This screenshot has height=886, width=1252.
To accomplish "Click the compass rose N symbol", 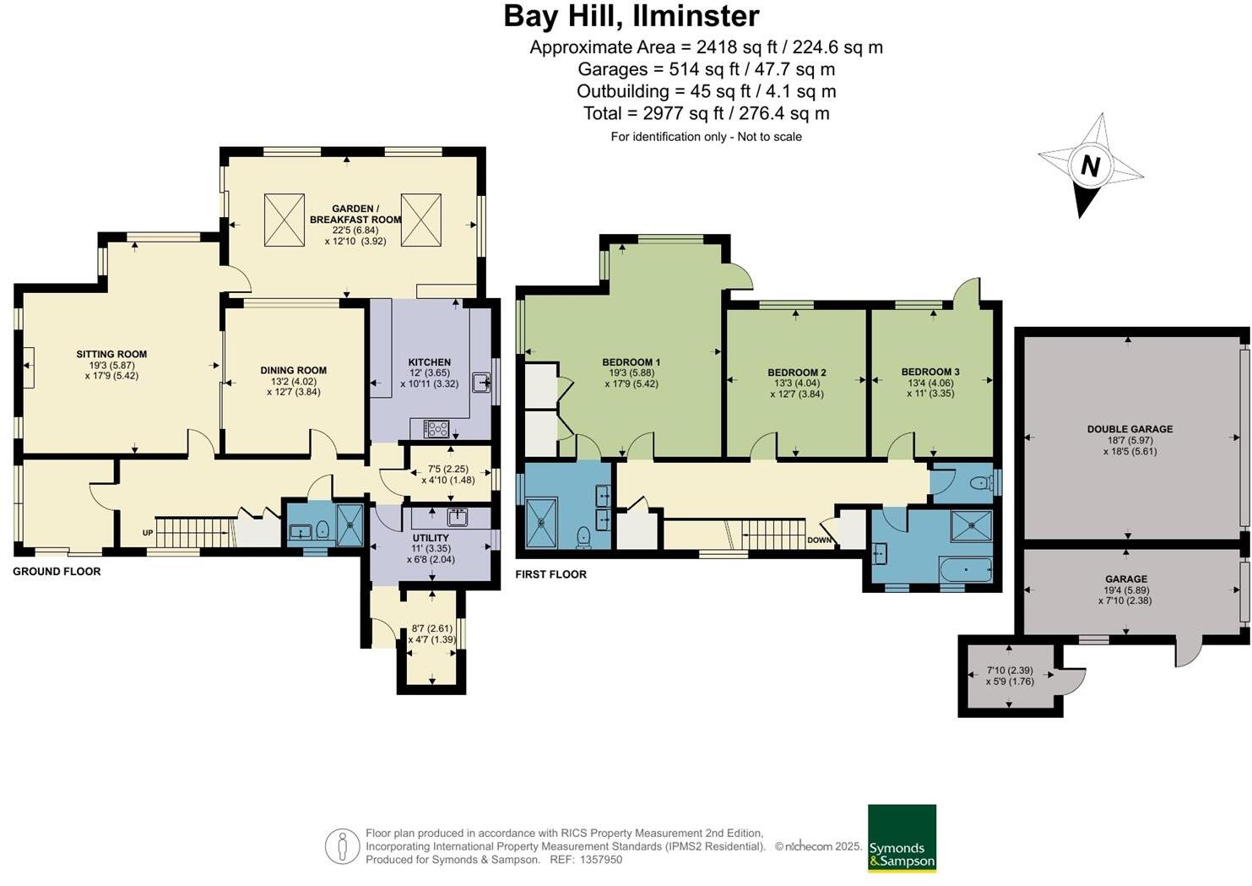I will tap(1090, 166).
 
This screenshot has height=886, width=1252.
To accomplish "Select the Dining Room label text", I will tap(293, 370).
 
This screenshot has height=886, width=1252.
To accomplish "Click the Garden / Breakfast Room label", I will tap(355, 214).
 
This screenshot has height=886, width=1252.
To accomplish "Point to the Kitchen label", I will tap(430, 362).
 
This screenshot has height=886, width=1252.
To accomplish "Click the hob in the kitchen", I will tap(436, 429).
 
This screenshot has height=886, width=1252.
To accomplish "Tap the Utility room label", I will tap(431, 538).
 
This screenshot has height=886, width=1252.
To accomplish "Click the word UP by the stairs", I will tap(148, 533).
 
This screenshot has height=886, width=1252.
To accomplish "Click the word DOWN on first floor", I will tap(819, 540).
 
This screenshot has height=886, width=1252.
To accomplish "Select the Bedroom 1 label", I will tap(631, 362).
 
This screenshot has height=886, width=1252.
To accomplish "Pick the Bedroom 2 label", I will tap(796, 372).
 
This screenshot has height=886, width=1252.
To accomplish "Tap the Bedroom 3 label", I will tap(930, 372).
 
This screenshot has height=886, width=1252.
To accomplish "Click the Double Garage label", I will tap(1130, 429).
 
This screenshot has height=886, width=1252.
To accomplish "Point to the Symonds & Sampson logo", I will tap(902, 838).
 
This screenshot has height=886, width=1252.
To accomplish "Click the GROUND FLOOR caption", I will tap(57, 572).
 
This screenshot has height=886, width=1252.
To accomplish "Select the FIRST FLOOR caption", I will tap(550, 574).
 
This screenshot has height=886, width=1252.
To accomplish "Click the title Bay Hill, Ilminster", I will tap(631, 16).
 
